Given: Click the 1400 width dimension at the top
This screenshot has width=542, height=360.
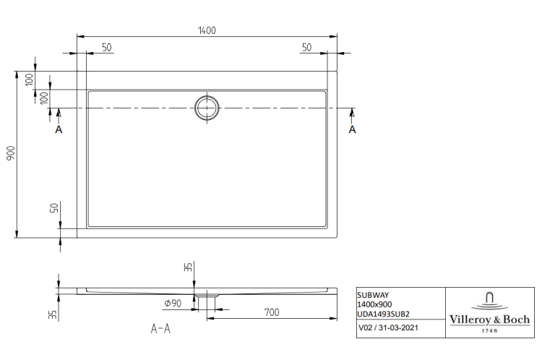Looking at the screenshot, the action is (207, 30).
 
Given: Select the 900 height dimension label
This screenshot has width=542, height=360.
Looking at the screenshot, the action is (11, 153).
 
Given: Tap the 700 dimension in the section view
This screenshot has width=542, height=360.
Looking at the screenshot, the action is (272, 312).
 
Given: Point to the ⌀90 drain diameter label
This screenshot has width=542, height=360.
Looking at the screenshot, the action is (173, 304).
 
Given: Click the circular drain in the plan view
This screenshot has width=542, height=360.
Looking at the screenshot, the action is (207, 108).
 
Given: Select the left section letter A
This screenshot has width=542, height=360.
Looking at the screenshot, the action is (59, 129).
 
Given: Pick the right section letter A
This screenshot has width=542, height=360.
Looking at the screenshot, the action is (352, 129).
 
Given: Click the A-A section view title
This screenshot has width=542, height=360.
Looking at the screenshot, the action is (160, 328).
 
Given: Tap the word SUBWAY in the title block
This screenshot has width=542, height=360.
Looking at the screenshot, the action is (373, 295).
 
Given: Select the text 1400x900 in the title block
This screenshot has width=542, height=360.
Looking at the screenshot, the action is (374, 304).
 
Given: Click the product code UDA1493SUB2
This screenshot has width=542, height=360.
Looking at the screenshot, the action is (383, 314).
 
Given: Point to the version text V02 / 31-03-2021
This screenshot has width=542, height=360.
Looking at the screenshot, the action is (388, 327).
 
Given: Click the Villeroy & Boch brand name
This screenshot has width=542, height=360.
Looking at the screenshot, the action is (489, 320).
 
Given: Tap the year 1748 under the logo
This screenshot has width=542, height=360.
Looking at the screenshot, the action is (490, 330).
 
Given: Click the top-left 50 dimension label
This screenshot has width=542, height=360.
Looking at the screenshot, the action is (107, 48).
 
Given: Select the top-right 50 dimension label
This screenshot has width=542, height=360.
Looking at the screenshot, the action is (306, 48).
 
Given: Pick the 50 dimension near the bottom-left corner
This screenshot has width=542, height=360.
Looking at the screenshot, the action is (54, 208).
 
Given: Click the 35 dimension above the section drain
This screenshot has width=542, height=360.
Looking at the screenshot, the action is (188, 267).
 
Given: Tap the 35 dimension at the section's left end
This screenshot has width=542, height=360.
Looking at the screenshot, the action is (53, 314).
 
